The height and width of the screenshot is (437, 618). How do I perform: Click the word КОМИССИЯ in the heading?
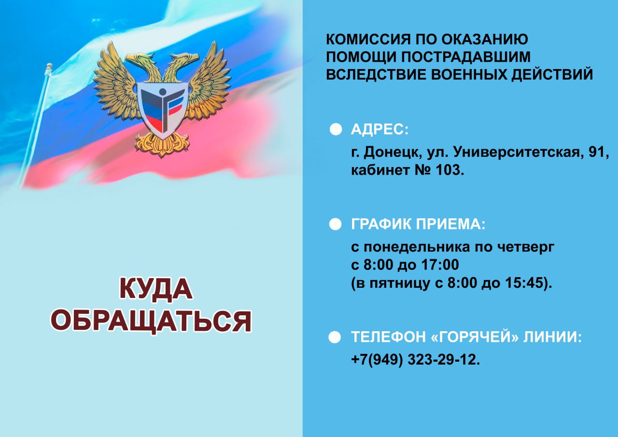[368, 39]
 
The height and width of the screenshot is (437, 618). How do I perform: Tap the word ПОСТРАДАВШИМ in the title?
[466, 56]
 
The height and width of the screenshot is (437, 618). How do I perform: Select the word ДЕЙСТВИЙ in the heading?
[552, 74]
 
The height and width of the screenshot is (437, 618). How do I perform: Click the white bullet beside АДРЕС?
[336, 129]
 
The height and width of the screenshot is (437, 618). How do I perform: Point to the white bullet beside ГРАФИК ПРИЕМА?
[335, 224]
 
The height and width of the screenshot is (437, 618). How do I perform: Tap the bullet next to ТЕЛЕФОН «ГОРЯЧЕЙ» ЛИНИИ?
[335, 337]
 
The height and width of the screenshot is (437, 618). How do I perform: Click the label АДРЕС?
[379, 129]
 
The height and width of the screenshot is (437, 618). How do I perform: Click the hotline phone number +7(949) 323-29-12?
[416, 360]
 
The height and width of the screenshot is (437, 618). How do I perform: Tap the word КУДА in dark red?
[156, 289]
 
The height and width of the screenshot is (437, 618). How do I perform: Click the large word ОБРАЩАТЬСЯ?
[151, 322]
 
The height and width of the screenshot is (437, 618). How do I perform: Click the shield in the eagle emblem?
[163, 110]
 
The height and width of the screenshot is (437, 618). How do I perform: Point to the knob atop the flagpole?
[49, 67]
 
